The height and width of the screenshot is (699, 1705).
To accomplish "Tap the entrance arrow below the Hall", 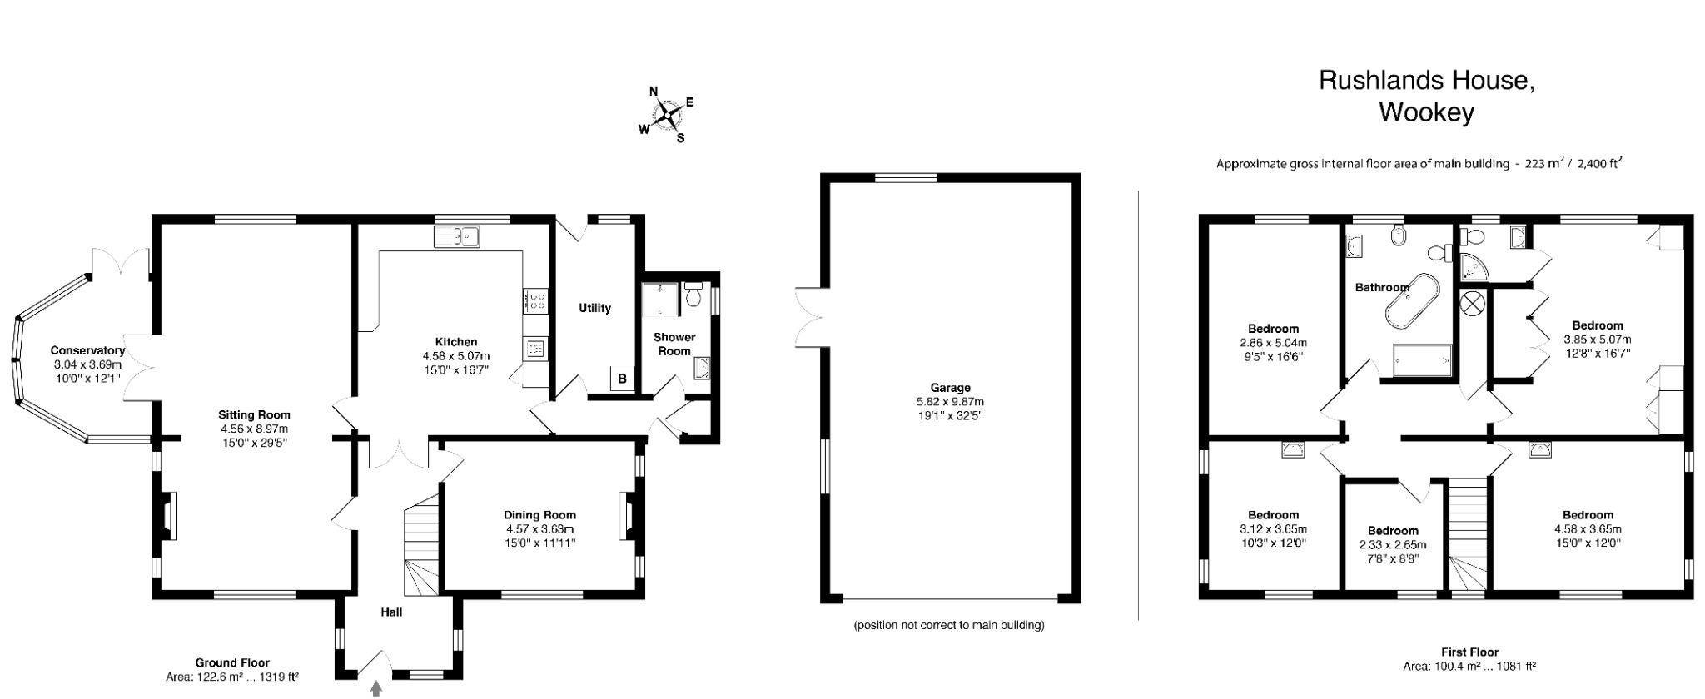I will pyautogui.click(x=376, y=688).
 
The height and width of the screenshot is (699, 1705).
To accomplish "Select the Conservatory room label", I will pyautogui.click(x=87, y=350).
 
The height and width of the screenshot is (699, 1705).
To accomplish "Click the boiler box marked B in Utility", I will pyautogui.click(x=622, y=379).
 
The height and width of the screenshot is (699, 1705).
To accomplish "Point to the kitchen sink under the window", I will pyautogui.click(x=457, y=236).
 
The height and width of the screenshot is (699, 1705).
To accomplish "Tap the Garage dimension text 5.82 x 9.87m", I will pyautogui.click(x=950, y=402).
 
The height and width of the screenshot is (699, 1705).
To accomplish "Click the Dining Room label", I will pyautogui.click(x=539, y=515).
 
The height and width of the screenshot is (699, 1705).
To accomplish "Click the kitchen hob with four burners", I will pyautogui.click(x=535, y=300).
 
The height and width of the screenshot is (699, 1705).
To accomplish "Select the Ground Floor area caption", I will pyautogui.click(x=232, y=670).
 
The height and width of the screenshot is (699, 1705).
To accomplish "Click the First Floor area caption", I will pyautogui.click(x=1469, y=659).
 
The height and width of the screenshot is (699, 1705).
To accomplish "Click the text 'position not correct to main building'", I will pyautogui.click(x=948, y=625).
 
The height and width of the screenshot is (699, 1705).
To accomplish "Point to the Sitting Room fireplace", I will pyautogui.click(x=169, y=516).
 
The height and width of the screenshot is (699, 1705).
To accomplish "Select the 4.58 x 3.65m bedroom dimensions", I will pyautogui.click(x=1588, y=529).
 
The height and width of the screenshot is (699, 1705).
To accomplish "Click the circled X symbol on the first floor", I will pyautogui.click(x=1471, y=303).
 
